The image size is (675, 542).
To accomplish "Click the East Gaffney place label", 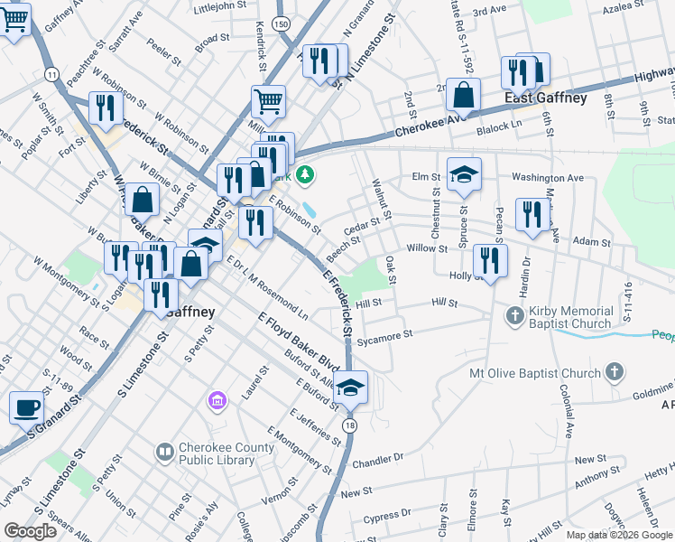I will (x=546, y=98).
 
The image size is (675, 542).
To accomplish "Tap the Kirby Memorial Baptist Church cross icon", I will (x=514, y=315).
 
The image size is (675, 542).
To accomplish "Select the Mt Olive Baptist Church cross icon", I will (x=614, y=372).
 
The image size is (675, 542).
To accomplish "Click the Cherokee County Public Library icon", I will (x=165, y=450).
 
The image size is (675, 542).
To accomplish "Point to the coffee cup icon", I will (x=26, y=407).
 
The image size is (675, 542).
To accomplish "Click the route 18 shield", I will (x=350, y=425).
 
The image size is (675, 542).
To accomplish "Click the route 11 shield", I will (x=51, y=73).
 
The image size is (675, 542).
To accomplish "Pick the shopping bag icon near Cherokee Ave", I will (x=463, y=94).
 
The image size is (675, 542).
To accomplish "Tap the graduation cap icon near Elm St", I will (x=464, y=173).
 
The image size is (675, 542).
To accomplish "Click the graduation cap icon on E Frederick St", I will (x=350, y=388).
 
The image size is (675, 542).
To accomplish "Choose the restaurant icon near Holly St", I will (x=490, y=261).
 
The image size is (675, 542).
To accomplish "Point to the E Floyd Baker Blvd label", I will (x=297, y=346).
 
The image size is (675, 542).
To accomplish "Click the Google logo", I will (x=31, y=531).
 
